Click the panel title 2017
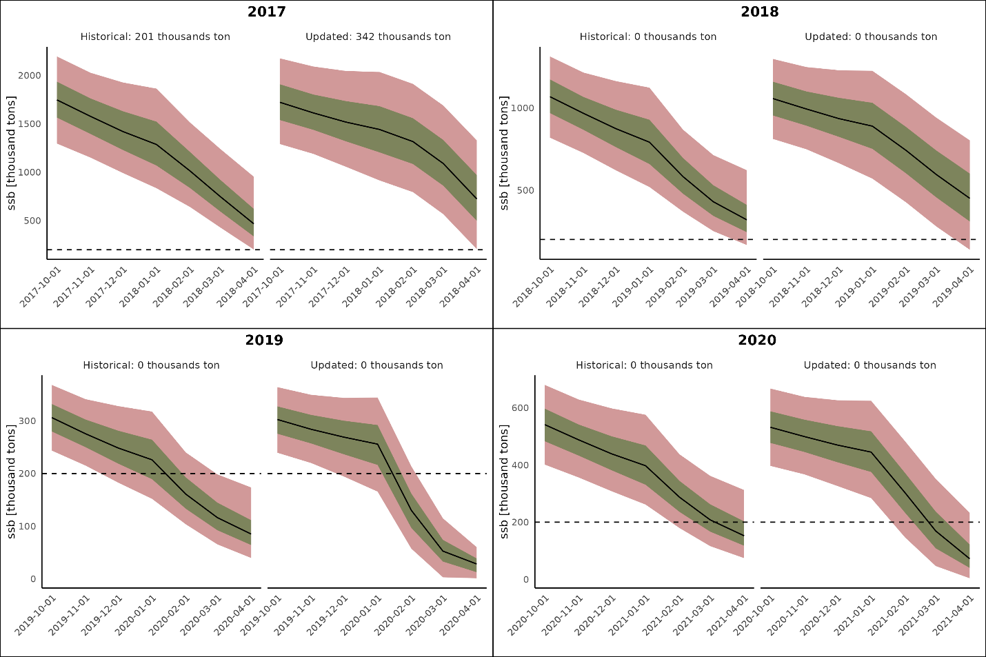pos(266,12)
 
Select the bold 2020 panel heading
pos(757,340)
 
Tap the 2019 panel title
pos(264,340)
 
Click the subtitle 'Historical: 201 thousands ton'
pos(155,37)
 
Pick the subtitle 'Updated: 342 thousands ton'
pos(378,37)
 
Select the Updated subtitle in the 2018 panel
pos(871,37)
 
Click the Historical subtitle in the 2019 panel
pos(151,365)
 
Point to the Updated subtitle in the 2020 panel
pos(869,365)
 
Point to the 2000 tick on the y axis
pos(29,76)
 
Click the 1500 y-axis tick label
pos(29,124)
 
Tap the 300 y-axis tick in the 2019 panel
pos(28,421)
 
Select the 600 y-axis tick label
pos(521,408)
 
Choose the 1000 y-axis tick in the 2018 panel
pos(523,108)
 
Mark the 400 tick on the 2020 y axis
pos(521,465)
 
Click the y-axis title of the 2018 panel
pos(504,153)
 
